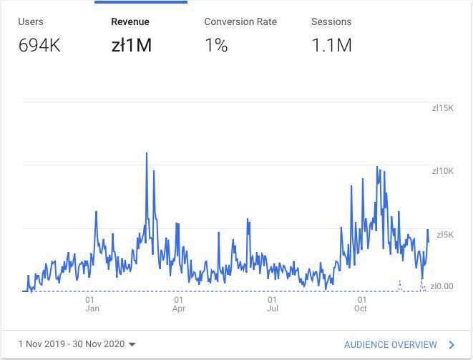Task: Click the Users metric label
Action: (x=31, y=21)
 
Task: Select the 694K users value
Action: (x=40, y=46)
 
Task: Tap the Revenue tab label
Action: (x=130, y=21)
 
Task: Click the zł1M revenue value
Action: (x=132, y=46)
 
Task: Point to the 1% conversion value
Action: (x=216, y=46)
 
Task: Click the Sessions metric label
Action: (x=331, y=21)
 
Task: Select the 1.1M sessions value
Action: (x=331, y=46)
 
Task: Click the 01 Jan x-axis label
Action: (x=92, y=305)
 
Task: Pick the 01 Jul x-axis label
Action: (x=273, y=305)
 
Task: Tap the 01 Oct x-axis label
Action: (x=361, y=305)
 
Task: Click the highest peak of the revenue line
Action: (x=147, y=153)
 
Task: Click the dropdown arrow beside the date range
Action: (x=132, y=345)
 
